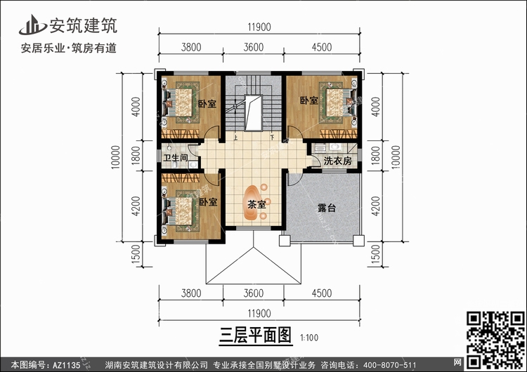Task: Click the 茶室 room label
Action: click(256, 205)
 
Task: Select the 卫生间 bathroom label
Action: click(176, 159)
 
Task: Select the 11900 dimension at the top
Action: click(259, 27)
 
